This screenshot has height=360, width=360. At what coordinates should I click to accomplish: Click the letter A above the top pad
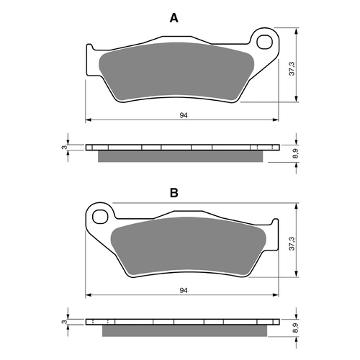point(173,18)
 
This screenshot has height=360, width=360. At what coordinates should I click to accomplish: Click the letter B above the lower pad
point(173,193)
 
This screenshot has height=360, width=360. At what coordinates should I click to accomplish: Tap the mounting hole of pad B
point(101,215)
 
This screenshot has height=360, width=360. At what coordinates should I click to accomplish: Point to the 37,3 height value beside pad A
point(290,68)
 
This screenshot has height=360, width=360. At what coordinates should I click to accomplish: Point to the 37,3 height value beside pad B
point(290,243)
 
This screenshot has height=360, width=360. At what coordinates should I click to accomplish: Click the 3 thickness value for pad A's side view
point(64,148)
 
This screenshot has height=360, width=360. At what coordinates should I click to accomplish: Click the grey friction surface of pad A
point(173,72)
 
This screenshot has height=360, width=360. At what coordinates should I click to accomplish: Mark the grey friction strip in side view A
point(180,156)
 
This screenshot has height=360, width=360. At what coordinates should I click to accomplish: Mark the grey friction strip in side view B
point(180,330)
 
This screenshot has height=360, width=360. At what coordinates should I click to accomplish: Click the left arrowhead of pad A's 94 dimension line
point(88,118)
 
